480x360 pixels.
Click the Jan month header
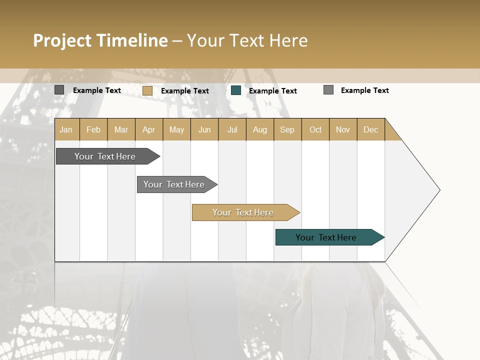[66, 129]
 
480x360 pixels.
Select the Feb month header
[93, 129]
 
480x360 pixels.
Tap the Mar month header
[121, 129]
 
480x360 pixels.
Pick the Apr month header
[149, 129]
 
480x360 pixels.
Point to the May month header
[176, 129]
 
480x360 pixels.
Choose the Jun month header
[204, 129]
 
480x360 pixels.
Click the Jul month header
[232, 129]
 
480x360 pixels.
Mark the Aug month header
[260, 129]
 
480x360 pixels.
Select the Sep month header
[287, 129]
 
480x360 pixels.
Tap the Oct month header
[315, 129]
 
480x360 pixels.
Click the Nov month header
[343, 129]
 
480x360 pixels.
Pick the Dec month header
[371, 129]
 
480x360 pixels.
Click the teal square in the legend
[236, 90]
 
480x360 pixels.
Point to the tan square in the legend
[147, 90]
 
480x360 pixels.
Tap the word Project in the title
[62, 40]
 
